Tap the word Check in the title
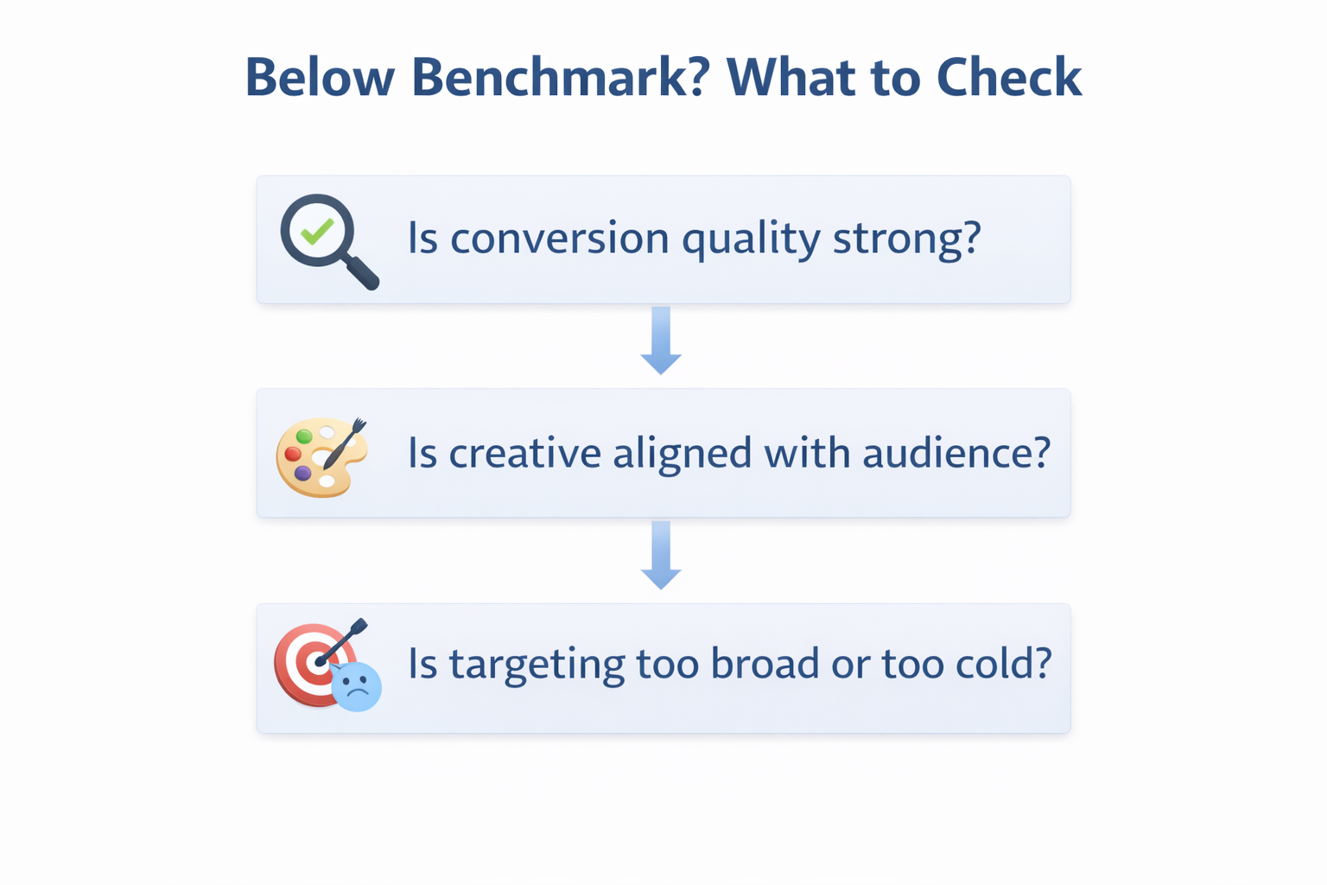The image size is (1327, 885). click(x=1008, y=78)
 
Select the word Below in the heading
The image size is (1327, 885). click(x=320, y=78)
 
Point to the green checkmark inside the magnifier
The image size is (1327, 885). click(x=316, y=231)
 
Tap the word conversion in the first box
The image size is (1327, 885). click(x=560, y=238)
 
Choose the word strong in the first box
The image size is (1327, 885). click(x=906, y=238)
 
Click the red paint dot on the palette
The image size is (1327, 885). click(x=293, y=454)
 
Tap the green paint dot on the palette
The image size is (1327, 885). click(x=304, y=436)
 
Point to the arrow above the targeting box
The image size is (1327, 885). click(x=661, y=555)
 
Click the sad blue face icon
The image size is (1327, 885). click(x=356, y=686)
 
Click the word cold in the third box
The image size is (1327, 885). click(x=1002, y=664)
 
